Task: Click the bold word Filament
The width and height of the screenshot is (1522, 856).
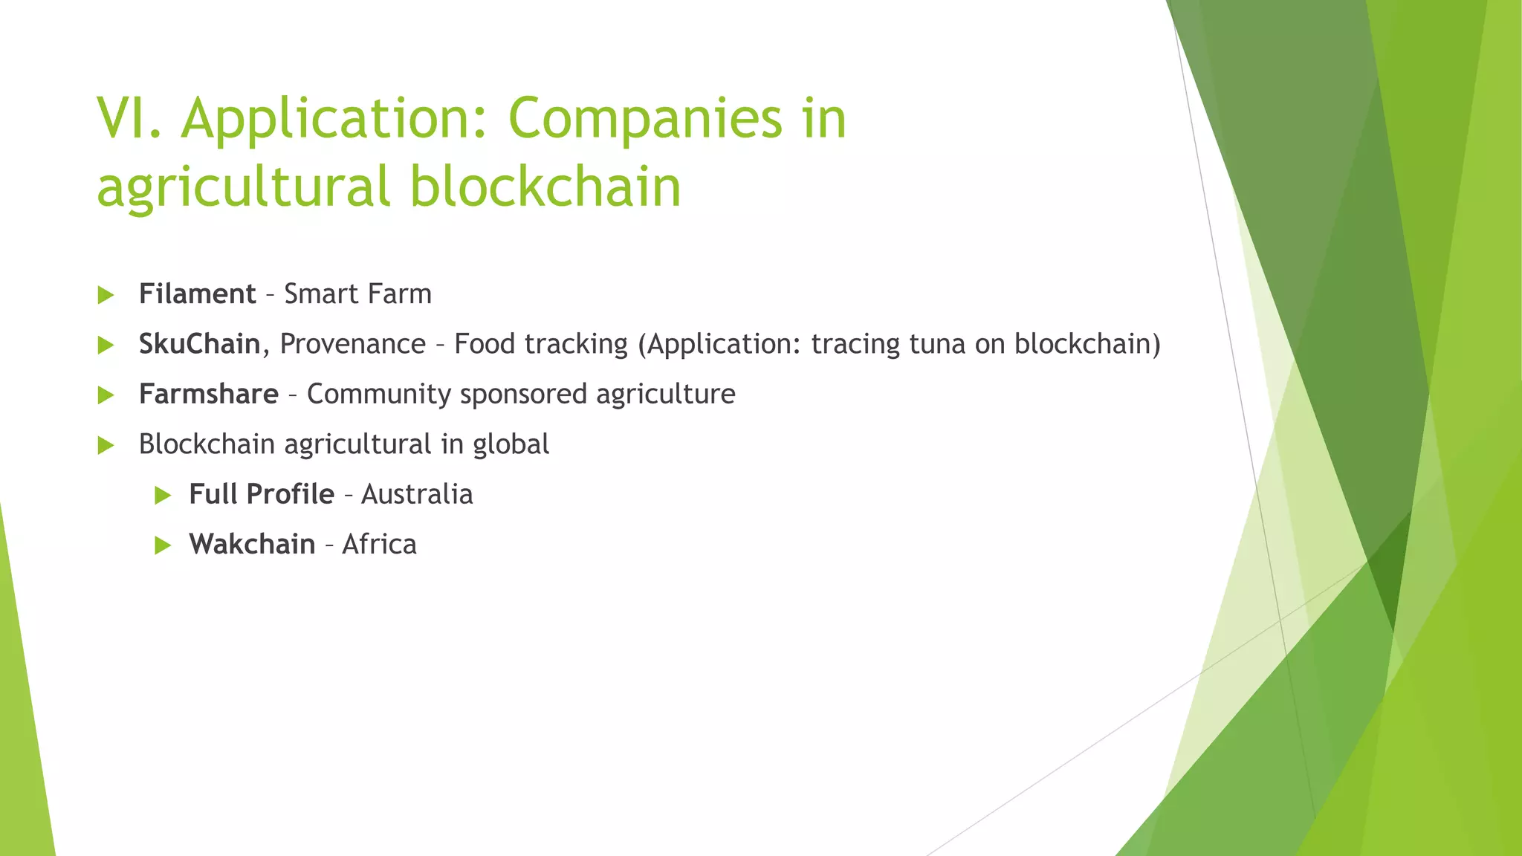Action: (x=197, y=294)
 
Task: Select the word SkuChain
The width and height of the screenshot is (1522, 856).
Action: (x=199, y=344)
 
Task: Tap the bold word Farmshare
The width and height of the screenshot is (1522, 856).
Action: (x=208, y=394)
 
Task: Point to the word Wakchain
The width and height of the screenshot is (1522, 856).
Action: (x=252, y=544)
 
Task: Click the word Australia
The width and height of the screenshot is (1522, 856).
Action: (x=417, y=494)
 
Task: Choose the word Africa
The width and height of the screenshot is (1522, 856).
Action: (x=379, y=544)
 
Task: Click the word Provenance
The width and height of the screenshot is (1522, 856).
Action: (x=353, y=344)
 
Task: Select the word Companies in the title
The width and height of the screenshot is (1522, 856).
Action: (x=645, y=119)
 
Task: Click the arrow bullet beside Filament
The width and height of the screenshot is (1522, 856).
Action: (x=106, y=295)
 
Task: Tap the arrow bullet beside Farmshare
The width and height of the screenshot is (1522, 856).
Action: (x=106, y=395)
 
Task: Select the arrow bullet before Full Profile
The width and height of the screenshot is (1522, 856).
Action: (x=163, y=495)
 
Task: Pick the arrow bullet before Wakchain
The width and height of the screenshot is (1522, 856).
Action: (x=163, y=545)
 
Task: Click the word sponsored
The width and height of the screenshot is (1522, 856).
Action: (x=523, y=395)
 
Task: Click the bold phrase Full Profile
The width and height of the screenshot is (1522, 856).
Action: (x=262, y=494)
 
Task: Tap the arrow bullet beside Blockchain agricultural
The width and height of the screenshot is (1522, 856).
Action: (x=106, y=445)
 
